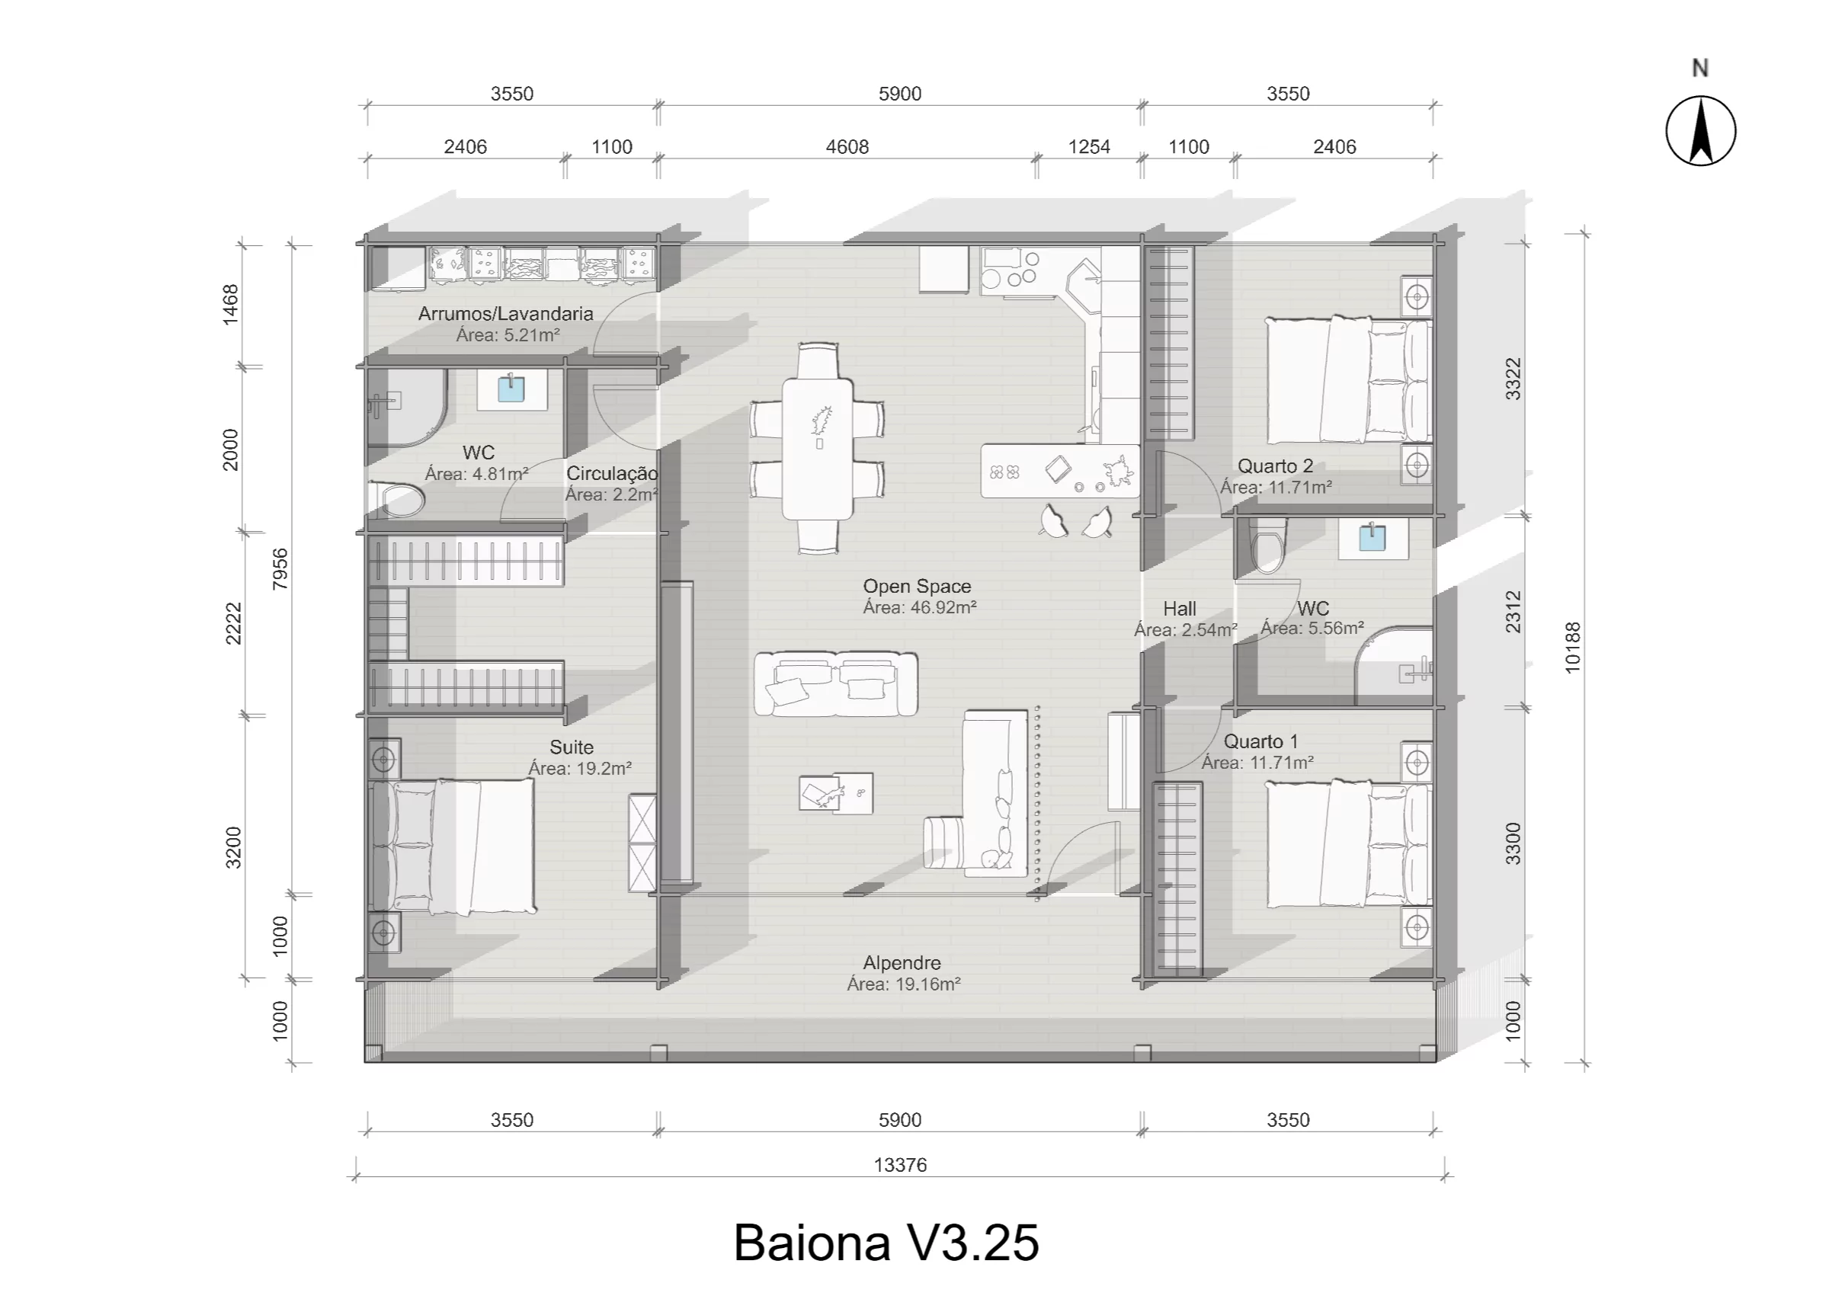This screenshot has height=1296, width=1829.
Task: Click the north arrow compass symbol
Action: pos(1700,131)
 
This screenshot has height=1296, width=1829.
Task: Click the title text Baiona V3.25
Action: pos(886,1243)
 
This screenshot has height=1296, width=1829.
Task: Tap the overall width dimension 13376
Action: pos(900,1165)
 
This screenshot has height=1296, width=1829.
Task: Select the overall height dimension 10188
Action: pos(1572,647)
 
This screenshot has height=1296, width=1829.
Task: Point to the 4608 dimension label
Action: pos(847,147)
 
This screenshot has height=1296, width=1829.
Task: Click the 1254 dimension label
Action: pos(1088,147)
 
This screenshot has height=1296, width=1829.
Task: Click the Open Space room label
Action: pos(917,586)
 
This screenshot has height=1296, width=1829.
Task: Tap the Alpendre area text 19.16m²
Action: pos(903,984)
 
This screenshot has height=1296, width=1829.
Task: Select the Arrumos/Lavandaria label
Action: pos(505,314)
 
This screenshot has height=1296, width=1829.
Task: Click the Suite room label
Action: pos(572,747)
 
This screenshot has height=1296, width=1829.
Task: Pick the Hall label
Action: pos(1179,609)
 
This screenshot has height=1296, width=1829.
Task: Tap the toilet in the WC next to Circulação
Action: pos(402,501)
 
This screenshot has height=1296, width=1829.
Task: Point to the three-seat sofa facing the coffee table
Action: pos(835,684)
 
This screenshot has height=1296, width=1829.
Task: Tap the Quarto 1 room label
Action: pos(1260,741)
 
